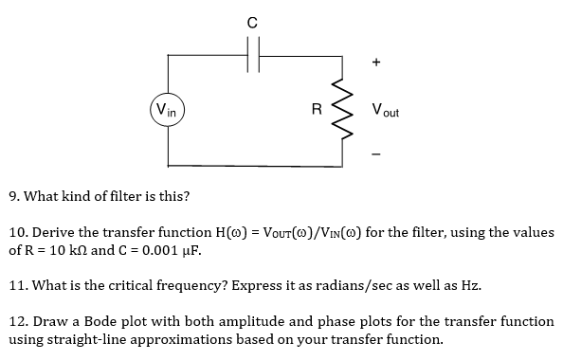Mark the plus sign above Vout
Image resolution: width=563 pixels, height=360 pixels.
click(x=376, y=63)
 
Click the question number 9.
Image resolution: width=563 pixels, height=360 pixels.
click(x=12, y=197)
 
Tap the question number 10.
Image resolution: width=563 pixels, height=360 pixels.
click(x=17, y=232)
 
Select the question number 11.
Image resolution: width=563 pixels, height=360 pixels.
click(x=16, y=284)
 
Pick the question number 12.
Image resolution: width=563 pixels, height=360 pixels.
click(x=17, y=321)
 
